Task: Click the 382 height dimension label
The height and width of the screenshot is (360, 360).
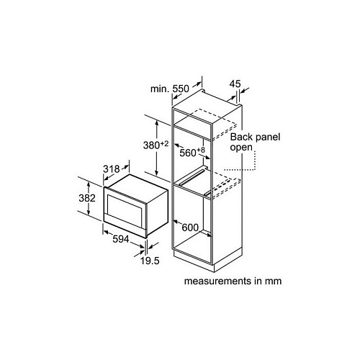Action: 87,198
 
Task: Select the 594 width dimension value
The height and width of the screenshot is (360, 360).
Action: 121,239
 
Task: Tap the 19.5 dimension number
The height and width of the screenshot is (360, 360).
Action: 150,261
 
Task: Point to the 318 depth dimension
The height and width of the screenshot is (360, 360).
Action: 112,169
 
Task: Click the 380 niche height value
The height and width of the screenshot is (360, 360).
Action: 151,145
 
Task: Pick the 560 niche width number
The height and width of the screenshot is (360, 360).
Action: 188,153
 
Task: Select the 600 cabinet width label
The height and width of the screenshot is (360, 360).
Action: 190,228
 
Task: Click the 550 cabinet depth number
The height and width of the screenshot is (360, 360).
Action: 181,89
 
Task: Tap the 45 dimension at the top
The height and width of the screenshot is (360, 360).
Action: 235,84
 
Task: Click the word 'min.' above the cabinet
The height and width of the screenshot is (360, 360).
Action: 160,89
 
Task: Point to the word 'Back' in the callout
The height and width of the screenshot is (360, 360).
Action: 241,137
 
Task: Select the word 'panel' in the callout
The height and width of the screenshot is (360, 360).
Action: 268,138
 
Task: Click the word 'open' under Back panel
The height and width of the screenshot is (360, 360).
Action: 241,148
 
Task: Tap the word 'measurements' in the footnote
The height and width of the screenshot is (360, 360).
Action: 218,281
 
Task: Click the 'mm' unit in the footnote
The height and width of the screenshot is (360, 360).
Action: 274,282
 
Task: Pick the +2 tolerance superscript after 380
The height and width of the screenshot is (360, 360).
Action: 164,144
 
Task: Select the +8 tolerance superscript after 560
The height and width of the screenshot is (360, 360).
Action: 201,150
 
